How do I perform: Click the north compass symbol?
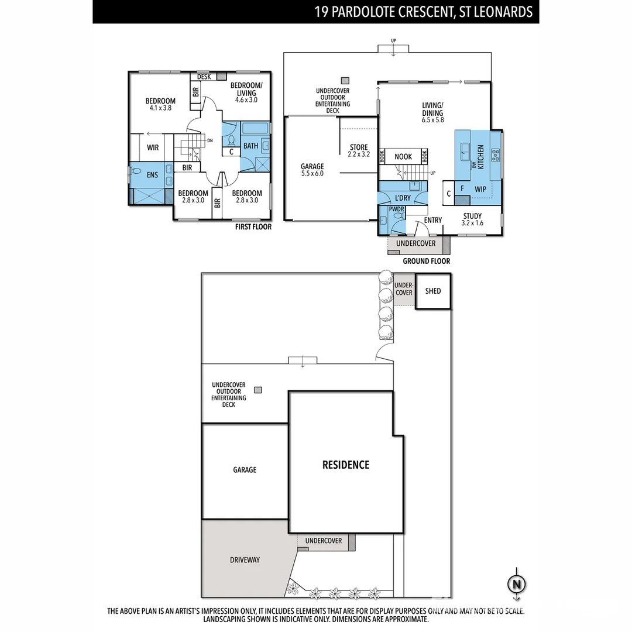(516, 584)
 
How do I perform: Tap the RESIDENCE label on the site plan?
(346, 465)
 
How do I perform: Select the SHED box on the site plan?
(433, 291)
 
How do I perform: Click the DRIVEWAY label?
(245, 560)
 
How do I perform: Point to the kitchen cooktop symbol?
(495, 155)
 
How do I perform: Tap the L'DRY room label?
(403, 198)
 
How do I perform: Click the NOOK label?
(403, 157)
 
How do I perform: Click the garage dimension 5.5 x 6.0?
(312, 173)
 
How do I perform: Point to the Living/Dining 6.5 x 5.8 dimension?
(433, 120)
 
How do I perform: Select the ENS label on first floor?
(152, 175)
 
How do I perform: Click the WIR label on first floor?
(153, 147)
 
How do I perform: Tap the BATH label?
(250, 146)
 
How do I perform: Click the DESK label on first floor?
(204, 77)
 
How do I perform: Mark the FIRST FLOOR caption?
(253, 226)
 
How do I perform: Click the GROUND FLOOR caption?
(426, 261)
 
